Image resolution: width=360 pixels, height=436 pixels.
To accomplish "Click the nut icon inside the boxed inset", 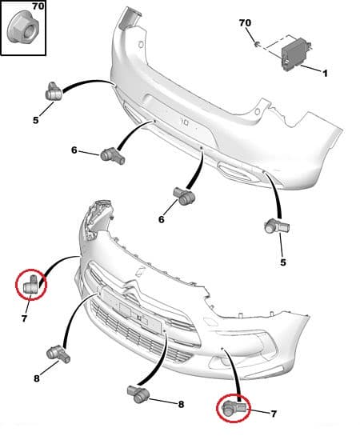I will click(22, 33).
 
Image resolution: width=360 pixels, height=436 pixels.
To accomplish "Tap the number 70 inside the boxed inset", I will click(16, 7).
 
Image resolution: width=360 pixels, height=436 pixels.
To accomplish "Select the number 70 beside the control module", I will click(245, 24).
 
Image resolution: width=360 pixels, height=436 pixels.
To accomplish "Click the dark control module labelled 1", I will click(294, 53).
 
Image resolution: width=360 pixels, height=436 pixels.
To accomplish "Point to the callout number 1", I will click(326, 74).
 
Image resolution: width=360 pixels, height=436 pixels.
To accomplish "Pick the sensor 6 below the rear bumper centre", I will click(182, 194).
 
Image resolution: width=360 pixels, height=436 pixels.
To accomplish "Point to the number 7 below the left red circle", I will click(24, 318).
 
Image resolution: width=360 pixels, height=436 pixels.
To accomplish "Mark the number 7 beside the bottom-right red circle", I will click(274, 414).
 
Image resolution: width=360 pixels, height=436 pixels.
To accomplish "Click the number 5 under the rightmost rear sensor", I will click(282, 262).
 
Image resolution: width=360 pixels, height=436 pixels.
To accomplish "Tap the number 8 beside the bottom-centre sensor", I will click(181, 405).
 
